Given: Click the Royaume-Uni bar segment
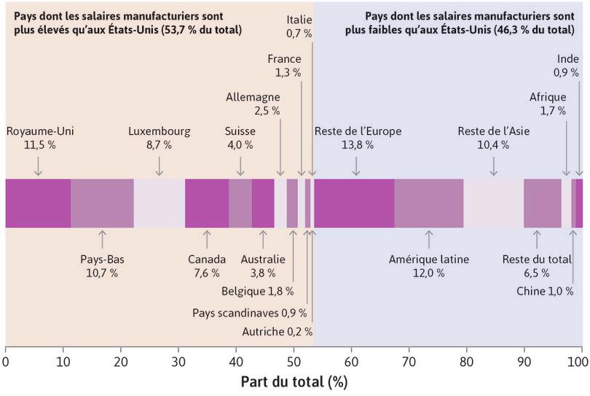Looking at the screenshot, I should pyautogui.click(x=38, y=203).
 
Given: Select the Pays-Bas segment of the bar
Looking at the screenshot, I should pyautogui.click(x=102, y=203).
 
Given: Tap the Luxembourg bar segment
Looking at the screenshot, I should pyautogui.click(x=159, y=203).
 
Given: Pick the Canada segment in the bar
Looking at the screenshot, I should pyautogui.click(x=207, y=203).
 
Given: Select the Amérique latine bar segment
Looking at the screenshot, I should pyautogui.click(x=429, y=203).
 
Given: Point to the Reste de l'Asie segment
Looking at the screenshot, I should pyautogui.click(x=494, y=203).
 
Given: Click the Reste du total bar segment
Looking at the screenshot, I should pyautogui.click(x=543, y=203).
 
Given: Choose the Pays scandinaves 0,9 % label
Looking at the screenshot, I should pyautogui.click(x=249, y=312).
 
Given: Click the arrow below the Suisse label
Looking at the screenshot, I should pyautogui.click(x=240, y=166).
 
